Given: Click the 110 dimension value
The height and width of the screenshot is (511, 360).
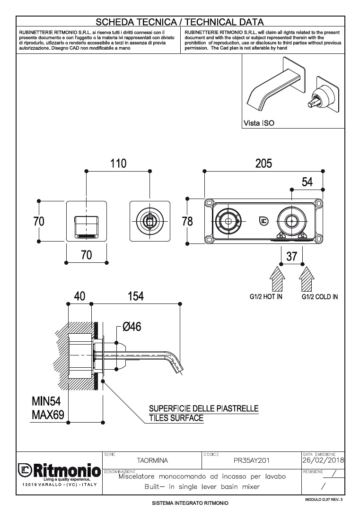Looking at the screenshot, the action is click(118, 163).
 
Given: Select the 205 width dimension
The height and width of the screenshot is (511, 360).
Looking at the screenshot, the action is click(263, 163).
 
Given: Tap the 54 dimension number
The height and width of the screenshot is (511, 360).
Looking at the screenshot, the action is click(307, 182).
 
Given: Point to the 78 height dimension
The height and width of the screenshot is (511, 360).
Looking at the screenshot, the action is click(187, 221).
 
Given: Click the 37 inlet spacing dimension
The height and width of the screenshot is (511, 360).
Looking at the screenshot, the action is click(291, 257).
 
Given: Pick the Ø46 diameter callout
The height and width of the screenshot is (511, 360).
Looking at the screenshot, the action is click(132, 326).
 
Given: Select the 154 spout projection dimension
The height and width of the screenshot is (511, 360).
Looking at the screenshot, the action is click(135, 296).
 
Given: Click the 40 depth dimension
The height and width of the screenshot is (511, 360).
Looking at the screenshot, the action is click(79, 296).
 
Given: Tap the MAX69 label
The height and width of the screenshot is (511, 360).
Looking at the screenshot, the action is click(48, 415).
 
